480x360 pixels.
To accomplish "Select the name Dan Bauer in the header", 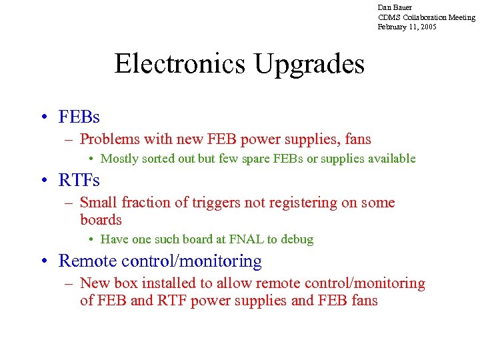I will (x=395, y=7).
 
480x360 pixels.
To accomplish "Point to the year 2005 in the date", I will (x=427, y=27).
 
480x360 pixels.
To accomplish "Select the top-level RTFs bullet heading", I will (x=79, y=181).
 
